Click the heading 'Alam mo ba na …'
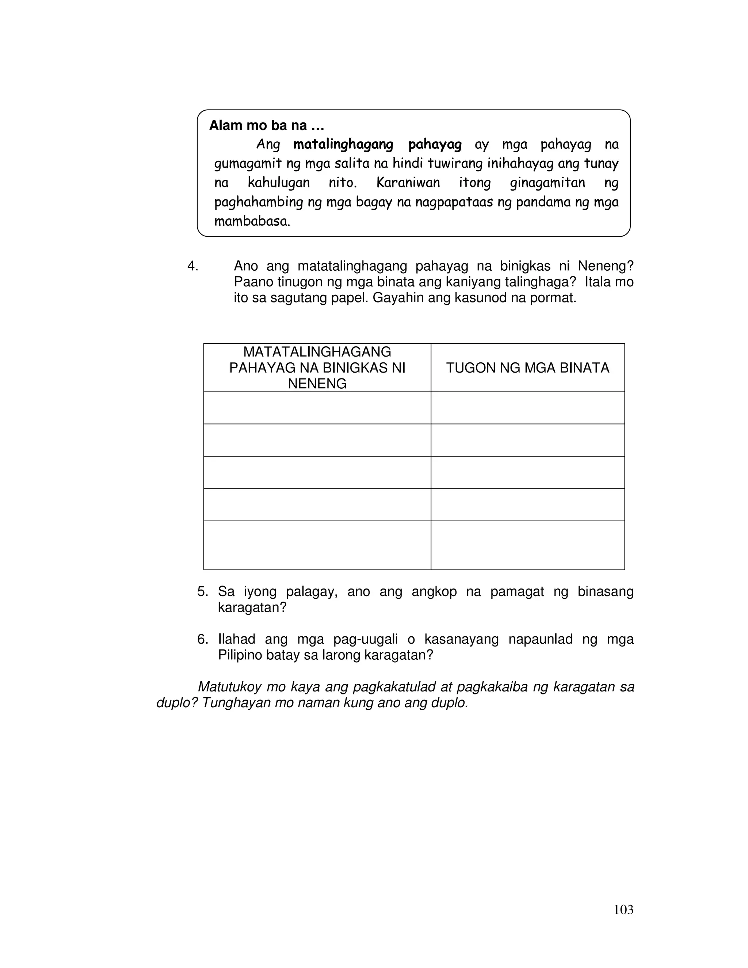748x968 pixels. coord(266,126)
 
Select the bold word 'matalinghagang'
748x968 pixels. coord(343,145)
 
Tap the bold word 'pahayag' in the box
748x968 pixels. coord(435,145)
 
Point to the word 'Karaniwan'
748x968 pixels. coord(408,183)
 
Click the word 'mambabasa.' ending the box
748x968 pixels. coord(252,221)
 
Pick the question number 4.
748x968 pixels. coord(192,266)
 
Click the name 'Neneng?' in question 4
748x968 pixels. coord(606,266)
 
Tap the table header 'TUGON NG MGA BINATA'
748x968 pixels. coord(527,368)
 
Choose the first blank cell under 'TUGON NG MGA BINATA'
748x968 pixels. coord(527,408)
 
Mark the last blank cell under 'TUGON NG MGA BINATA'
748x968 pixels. coord(527,545)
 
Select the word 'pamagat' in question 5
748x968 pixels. coord(517,592)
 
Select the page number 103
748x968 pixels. coord(623,910)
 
